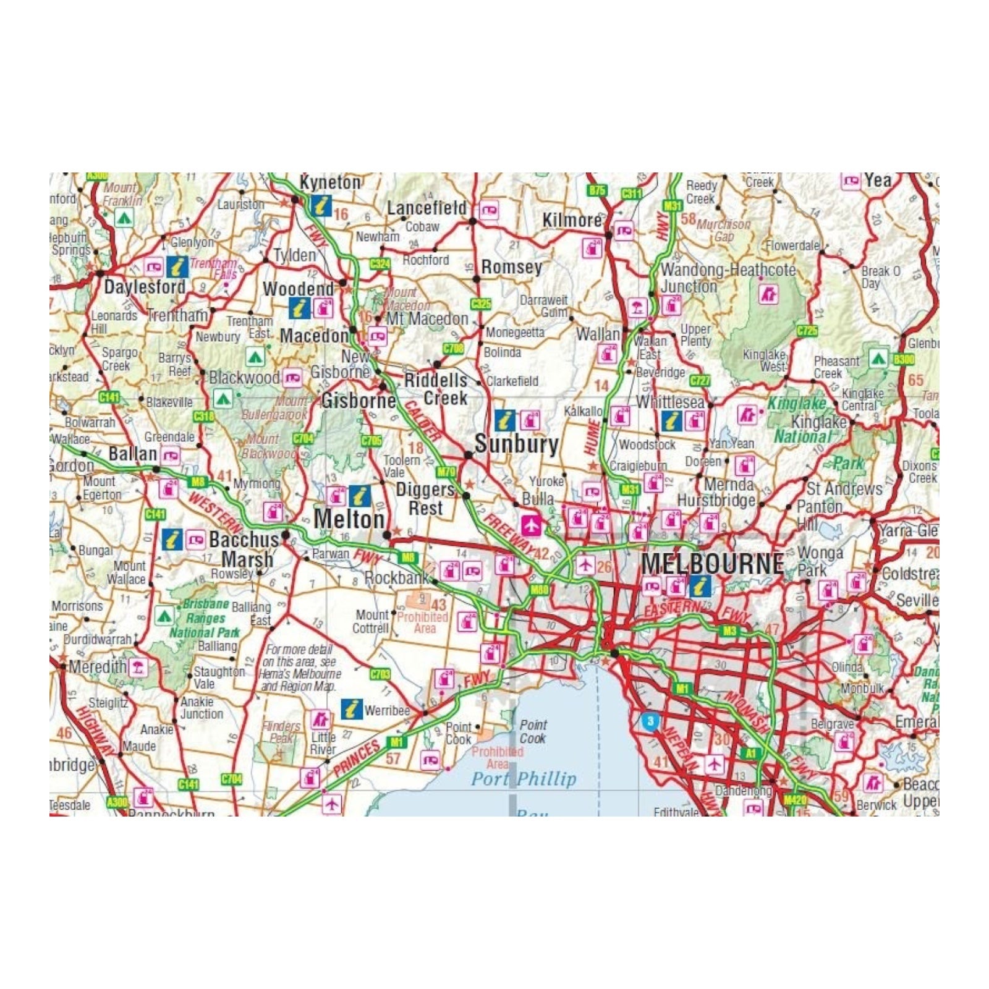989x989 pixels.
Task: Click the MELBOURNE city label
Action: [x=712, y=564]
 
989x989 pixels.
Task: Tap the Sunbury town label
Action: [x=516, y=444]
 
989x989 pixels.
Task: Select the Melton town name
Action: [x=349, y=519]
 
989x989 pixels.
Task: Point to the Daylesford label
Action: [x=145, y=287]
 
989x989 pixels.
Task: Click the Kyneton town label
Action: [x=330, y=182]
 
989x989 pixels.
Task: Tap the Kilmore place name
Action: [x=572, y=220]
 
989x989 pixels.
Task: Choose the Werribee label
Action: [x=387, y=710]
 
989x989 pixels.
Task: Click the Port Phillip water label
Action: [x=524, y=779]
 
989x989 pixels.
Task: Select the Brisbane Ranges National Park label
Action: [x=205, y=618]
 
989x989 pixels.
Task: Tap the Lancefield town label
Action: [x=427, y=208]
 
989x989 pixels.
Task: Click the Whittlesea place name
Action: [x=670, y=402]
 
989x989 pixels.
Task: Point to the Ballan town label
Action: [x=132, y=454]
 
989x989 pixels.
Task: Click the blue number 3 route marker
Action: [x=650, y=721]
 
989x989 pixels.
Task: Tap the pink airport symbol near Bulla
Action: [x=531, y=525]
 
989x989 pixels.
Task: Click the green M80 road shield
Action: [x=539, y=590]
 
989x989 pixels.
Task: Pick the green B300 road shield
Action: [x=903, y=359]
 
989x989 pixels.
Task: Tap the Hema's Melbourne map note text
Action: [x=300, y=668]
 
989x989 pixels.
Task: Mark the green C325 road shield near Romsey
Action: [x=480, y=303]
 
